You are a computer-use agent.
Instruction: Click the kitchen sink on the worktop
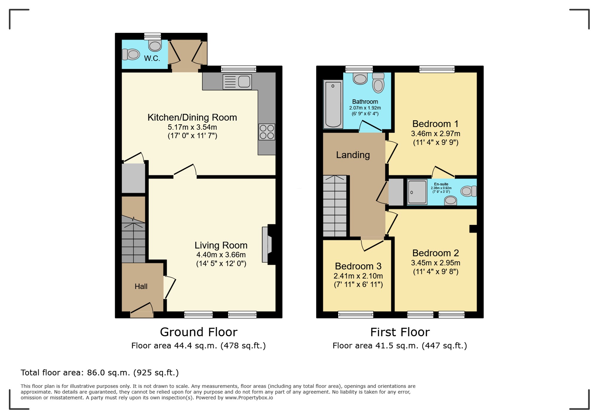tap(237, 82)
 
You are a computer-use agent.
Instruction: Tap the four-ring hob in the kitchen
tap(267, 132)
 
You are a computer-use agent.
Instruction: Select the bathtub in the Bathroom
tap(333, 104)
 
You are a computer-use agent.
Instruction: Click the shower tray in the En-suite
tap(417, 192)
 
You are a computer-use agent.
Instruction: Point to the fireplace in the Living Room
tap(269, 244)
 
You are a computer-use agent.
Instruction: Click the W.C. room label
tap(152, 58)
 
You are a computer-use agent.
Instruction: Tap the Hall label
tap(141, 287)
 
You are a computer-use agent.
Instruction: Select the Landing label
tap(353, 155)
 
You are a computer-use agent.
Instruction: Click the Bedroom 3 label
tap(358, 266)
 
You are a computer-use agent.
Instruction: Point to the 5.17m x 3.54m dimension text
tap(192, 127)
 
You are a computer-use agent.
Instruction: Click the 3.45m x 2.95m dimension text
tap(435, 263)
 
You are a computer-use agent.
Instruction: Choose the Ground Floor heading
tap(199, 332)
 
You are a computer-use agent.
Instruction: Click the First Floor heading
tap(400, 332)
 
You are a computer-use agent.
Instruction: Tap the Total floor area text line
tap(100, 373)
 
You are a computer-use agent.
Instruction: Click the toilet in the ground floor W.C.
tap(131, 54)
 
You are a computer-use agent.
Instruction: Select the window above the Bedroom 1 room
tap(437, 69)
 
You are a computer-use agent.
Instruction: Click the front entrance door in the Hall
tap(142, 310)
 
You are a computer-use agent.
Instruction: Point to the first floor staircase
tap(335, 206)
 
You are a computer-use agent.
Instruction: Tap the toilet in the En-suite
tap(469, 191)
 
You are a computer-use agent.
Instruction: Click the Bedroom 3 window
tap(356, 315)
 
